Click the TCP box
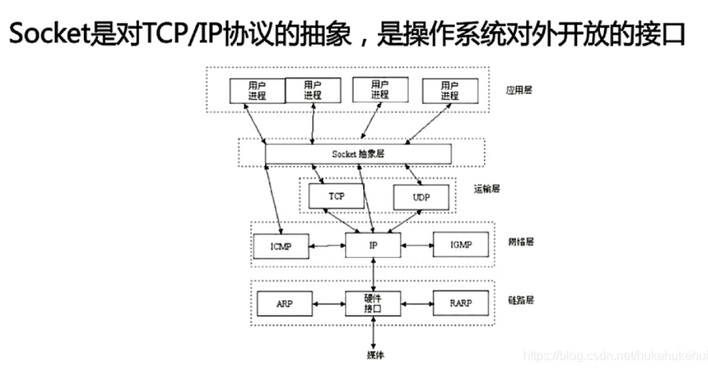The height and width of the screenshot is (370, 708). point(336,196)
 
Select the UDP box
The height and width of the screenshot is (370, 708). point(420,197)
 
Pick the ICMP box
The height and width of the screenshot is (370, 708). point(281,246)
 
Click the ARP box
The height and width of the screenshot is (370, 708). point(284,304)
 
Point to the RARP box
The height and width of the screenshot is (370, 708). point(460,304)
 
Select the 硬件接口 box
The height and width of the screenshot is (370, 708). point(373,304)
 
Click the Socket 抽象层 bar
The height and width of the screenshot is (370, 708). point(358,154)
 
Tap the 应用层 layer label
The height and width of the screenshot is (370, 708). point(518,90)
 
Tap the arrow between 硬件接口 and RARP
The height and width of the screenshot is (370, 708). point(417,304)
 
